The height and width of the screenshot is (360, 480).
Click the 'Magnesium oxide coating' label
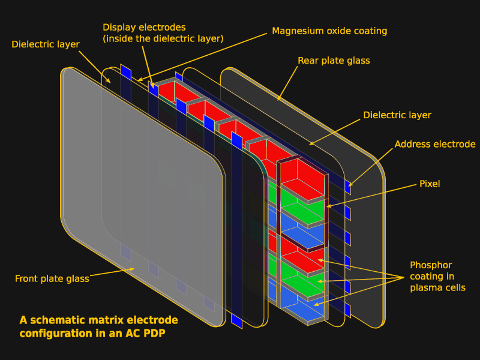click(329, 31)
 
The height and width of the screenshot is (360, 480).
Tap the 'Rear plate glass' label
click(334, 61)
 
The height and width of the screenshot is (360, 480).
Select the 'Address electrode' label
click(435, 144)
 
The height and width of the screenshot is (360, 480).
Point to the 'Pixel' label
click(429, 184)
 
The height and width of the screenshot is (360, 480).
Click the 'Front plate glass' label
click(52, 278)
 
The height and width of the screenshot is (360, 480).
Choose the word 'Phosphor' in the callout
click(431, 265)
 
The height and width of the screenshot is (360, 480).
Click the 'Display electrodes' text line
click(144, 27)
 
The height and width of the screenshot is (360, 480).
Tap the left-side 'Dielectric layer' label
click(46, 44)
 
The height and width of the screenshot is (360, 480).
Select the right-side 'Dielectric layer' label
click(397, 115)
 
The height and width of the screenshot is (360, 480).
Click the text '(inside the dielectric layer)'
click(163, 39)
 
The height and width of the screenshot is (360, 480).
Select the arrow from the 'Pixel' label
click(372, 196)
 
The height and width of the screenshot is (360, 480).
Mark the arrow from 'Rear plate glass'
click(287, 83)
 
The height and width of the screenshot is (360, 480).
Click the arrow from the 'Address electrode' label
click(371, 166)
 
